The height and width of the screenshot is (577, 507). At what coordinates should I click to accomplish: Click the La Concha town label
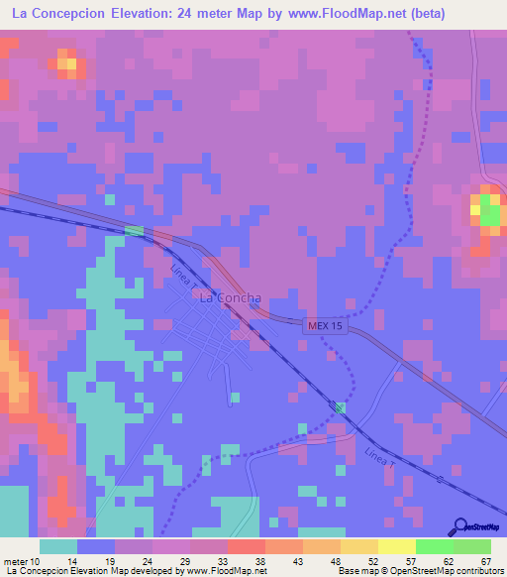click(x=231, y=297)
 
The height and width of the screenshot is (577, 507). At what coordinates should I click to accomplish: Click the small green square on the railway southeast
click(x=341, y=408)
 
